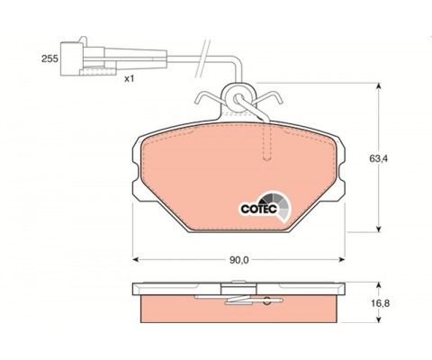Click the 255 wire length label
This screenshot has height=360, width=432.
[49, 58]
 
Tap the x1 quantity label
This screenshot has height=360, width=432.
[129, 79]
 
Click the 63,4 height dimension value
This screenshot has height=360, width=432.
[378, 158]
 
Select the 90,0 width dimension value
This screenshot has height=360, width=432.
[239, 260]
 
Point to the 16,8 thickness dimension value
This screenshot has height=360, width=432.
[381, 303]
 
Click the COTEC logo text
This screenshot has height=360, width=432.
[259, 209]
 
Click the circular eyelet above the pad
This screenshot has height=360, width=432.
[238, 98]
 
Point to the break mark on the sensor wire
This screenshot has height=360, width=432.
[202, 58]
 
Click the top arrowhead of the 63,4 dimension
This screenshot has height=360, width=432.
[379, 86]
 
